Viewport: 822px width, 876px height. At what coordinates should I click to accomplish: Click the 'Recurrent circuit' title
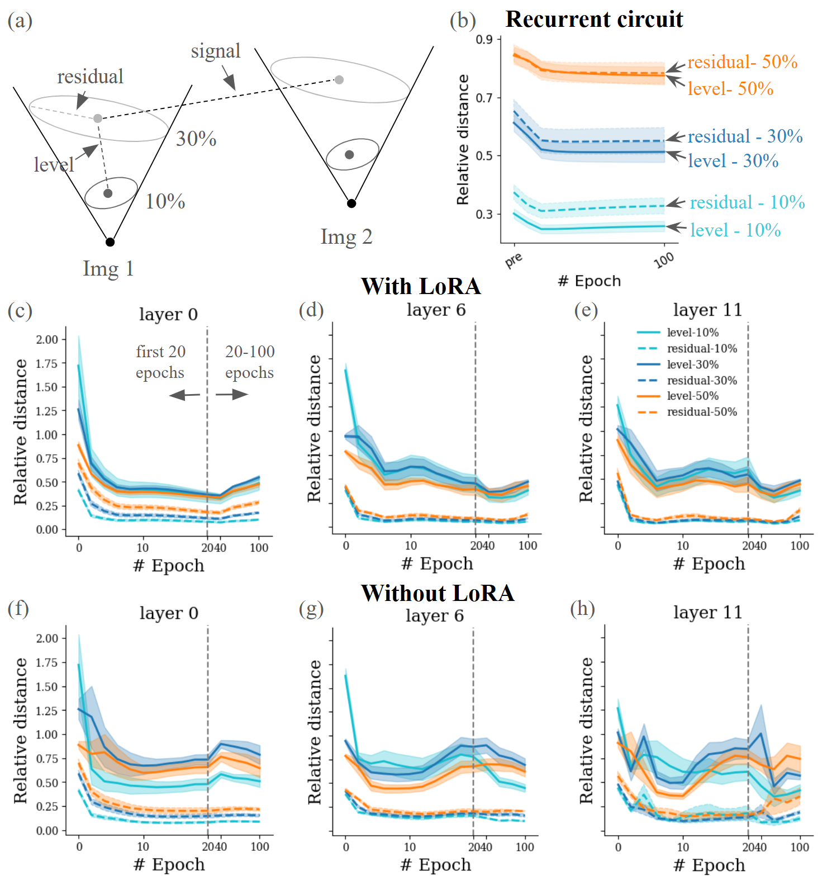[593, 20]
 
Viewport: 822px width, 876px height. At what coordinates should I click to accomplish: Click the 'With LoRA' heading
[421, 286]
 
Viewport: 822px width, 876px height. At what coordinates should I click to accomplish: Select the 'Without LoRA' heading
[437, 593]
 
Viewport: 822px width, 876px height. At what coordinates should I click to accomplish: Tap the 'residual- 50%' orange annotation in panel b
[742, 62]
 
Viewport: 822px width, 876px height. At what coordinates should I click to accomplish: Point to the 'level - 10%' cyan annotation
[735, 230]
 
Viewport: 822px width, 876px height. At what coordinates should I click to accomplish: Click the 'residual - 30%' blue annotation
[745, 136]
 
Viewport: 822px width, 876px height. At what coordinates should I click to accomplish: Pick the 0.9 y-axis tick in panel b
[484, 40]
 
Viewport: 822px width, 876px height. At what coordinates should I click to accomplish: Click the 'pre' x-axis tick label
[514, 260]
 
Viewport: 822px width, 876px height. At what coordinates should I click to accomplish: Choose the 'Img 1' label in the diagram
[108, 269]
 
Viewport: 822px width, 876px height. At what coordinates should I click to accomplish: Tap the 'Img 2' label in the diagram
[346, 237]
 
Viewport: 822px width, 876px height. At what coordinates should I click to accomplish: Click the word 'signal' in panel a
[216, 51]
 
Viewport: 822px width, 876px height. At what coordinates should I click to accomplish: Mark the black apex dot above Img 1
[110, 242]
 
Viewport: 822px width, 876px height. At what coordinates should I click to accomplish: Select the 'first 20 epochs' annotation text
[160, 362]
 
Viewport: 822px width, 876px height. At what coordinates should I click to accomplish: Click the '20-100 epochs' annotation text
[250, 362]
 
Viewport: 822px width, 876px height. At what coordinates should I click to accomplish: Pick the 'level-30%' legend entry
[692, 364]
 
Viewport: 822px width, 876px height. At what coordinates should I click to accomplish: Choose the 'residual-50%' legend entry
[702, 412]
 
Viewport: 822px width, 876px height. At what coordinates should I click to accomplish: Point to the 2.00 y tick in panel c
[47, 340]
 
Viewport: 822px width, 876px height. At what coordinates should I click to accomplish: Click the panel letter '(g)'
[311, 609]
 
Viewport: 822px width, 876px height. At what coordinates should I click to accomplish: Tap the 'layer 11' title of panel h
[707, 613]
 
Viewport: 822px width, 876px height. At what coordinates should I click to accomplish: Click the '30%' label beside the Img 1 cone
[196, 139]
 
